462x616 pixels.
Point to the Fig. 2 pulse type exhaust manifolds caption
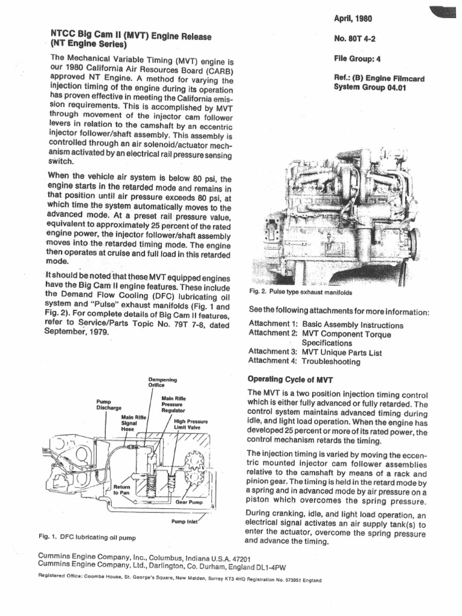pos(300,292)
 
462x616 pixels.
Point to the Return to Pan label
pos(122,488)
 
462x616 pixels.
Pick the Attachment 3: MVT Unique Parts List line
pos(315,353)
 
